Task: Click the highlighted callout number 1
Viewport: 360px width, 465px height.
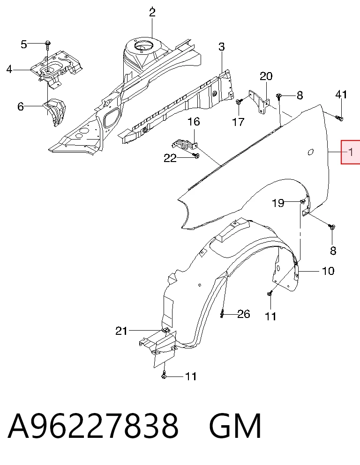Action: [351, 152]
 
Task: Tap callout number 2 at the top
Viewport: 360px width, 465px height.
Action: [152, 12]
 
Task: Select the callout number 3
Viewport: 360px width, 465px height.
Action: [222, 47]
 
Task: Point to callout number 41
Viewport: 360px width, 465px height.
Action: [341, 94]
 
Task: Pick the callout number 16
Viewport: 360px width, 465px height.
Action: [194, 122]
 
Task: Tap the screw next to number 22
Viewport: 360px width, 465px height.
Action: [195, 155]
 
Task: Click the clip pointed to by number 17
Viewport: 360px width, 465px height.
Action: [239, 102]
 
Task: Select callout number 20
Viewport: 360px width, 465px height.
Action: [266, 76]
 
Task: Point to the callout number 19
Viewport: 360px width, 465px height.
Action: [278, 203]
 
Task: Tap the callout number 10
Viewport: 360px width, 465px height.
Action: [328, 271]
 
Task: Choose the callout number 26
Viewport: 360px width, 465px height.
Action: [243, 314]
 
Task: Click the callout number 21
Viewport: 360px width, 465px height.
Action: [121, 331]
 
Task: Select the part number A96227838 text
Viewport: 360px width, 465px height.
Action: [93, 426]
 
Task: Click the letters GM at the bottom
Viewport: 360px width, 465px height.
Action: [235, 426]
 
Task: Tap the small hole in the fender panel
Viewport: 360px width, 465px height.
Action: [310, 152]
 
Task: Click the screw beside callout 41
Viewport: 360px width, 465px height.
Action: [339, 118]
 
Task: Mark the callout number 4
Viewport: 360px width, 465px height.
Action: [9, 69]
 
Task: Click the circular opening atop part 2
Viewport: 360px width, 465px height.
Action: [143, 46]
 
